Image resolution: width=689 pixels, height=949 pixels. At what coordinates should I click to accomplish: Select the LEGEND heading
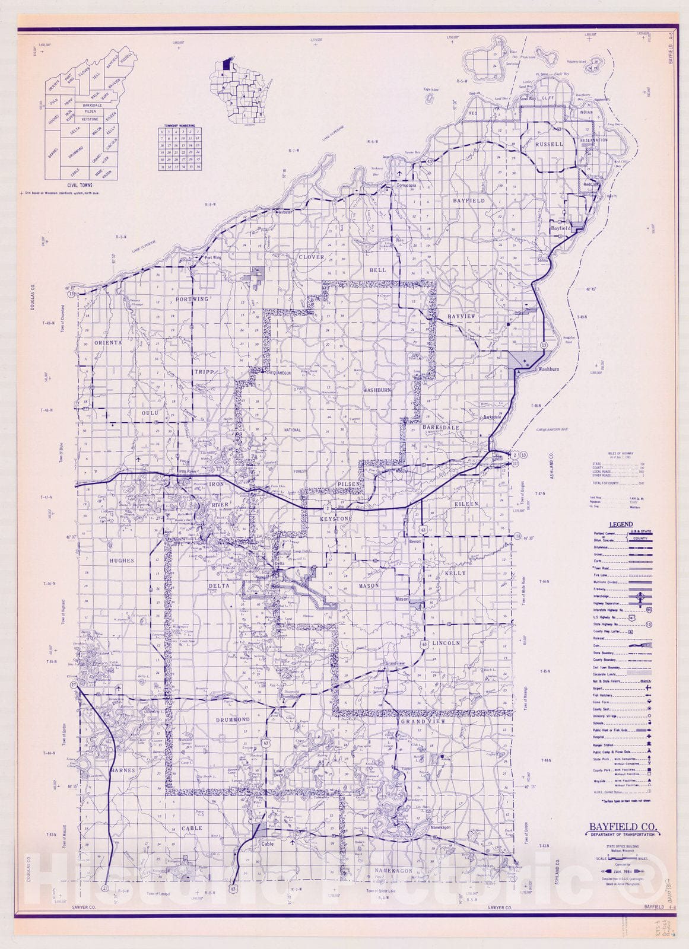tap(621, 524)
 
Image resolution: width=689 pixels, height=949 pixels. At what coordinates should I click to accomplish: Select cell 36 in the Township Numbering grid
tap(198, 167)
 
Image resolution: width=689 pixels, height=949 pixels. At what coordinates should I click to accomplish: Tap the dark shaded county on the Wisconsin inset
tap(226, 64)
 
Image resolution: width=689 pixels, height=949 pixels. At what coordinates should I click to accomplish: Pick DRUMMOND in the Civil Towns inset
tap(75, 151)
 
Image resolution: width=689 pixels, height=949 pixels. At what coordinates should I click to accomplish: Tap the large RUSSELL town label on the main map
tap(548, 144)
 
